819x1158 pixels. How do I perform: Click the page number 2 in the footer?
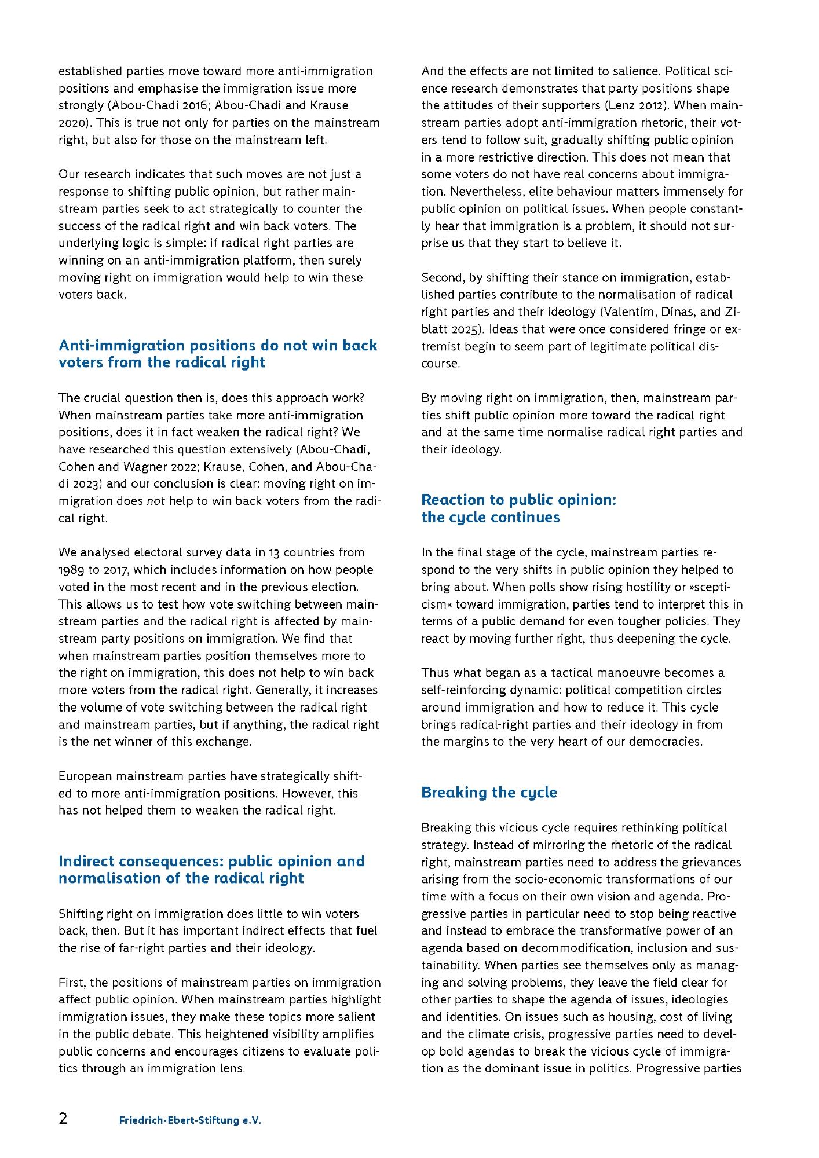(63, 1118)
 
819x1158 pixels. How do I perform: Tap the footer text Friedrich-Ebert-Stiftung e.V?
(190, 1120)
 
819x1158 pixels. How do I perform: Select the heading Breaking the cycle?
(489, 792)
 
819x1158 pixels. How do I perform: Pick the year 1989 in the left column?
(71, 570)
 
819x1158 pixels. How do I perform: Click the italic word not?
(156, 501)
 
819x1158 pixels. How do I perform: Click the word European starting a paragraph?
(85, 776)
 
